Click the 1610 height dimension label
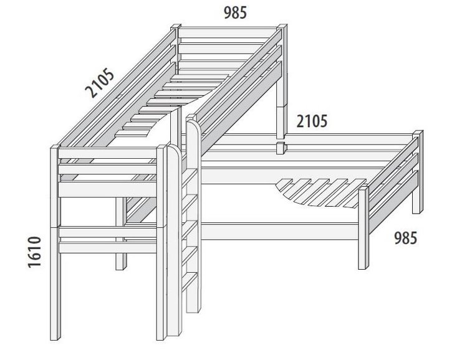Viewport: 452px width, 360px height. click(x=34, y=252)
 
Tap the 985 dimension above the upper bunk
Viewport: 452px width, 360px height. click(x=235, y=13)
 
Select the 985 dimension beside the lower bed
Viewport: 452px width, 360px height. click(x=405, y=238)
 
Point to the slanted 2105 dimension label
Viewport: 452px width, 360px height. click(x=100, y=82)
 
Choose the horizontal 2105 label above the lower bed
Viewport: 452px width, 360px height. click(x=312, y=121)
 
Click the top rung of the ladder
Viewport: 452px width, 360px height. click(x=190, y=176)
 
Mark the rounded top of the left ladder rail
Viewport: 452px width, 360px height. click(x=174, y=149)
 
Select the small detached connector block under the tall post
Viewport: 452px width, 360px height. click(x=281, y=148)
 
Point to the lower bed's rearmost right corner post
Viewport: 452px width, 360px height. click(x=418, y=172)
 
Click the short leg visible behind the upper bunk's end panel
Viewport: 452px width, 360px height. click(x=121, y=234)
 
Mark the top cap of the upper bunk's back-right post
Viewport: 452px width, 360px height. click(x=282, y=26)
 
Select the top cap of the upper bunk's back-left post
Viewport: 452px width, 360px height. click(x=176, y=26)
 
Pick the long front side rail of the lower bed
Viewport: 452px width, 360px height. click(x=279, y=232)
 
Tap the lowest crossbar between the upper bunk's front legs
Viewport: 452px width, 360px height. click(x=108, y=248)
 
